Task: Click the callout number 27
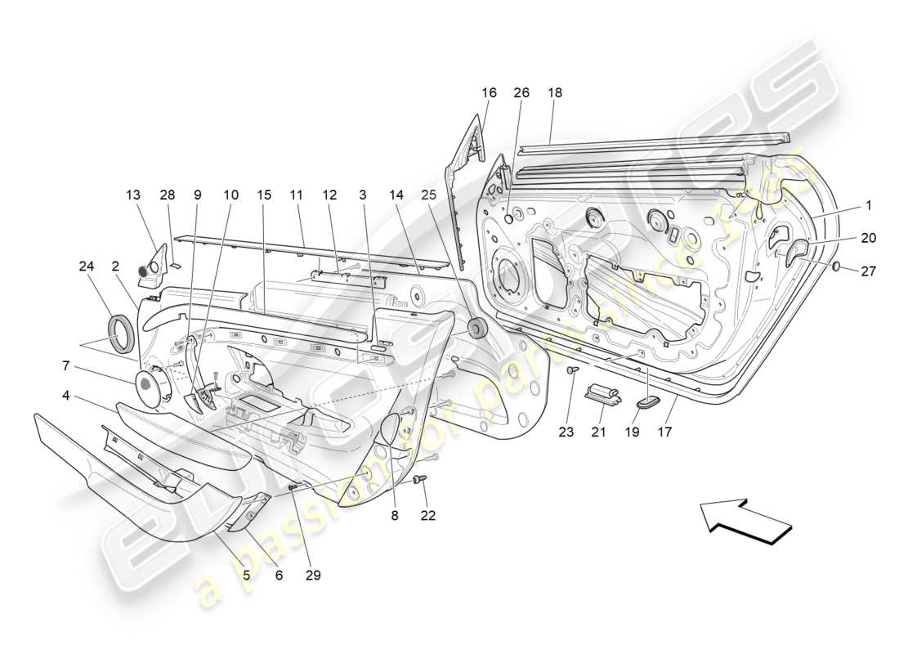pyautogui.click(x=868, y=271)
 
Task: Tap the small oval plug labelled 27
pyautogui.click(x=837, y=267)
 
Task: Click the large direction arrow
pyautogui.click(x=745, y=520)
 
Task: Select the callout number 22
pyautogui.click(x=428, y=515)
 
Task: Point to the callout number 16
pyautogui.click(x=489, y=93)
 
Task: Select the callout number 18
pyautogui.click(x=555, y=93)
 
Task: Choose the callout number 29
pyautogui.click(x=312, y=575)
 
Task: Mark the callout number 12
pyautogui.click(x=329, y=195)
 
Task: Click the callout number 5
pyautogui.click(x=245, y=575)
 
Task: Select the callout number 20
pyautogui.click(x=867, y=237)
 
